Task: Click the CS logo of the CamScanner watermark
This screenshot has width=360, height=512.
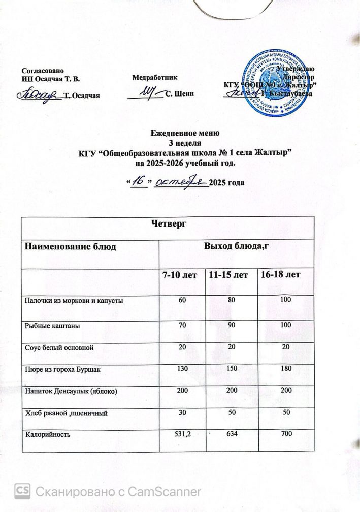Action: [22, 491]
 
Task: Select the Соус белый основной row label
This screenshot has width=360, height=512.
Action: [59, 347]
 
